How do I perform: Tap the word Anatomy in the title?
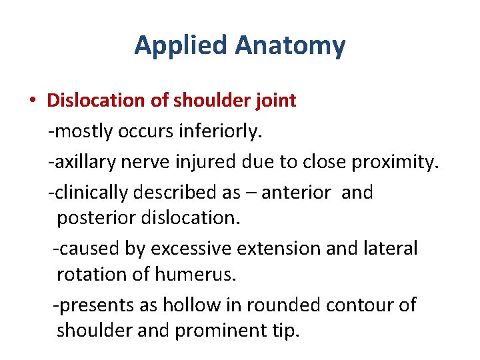[291, 45]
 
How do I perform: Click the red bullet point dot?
[32, 101]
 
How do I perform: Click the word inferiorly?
[221, 131]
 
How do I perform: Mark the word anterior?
[296, 193]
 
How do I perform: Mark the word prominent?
[217, 330]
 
